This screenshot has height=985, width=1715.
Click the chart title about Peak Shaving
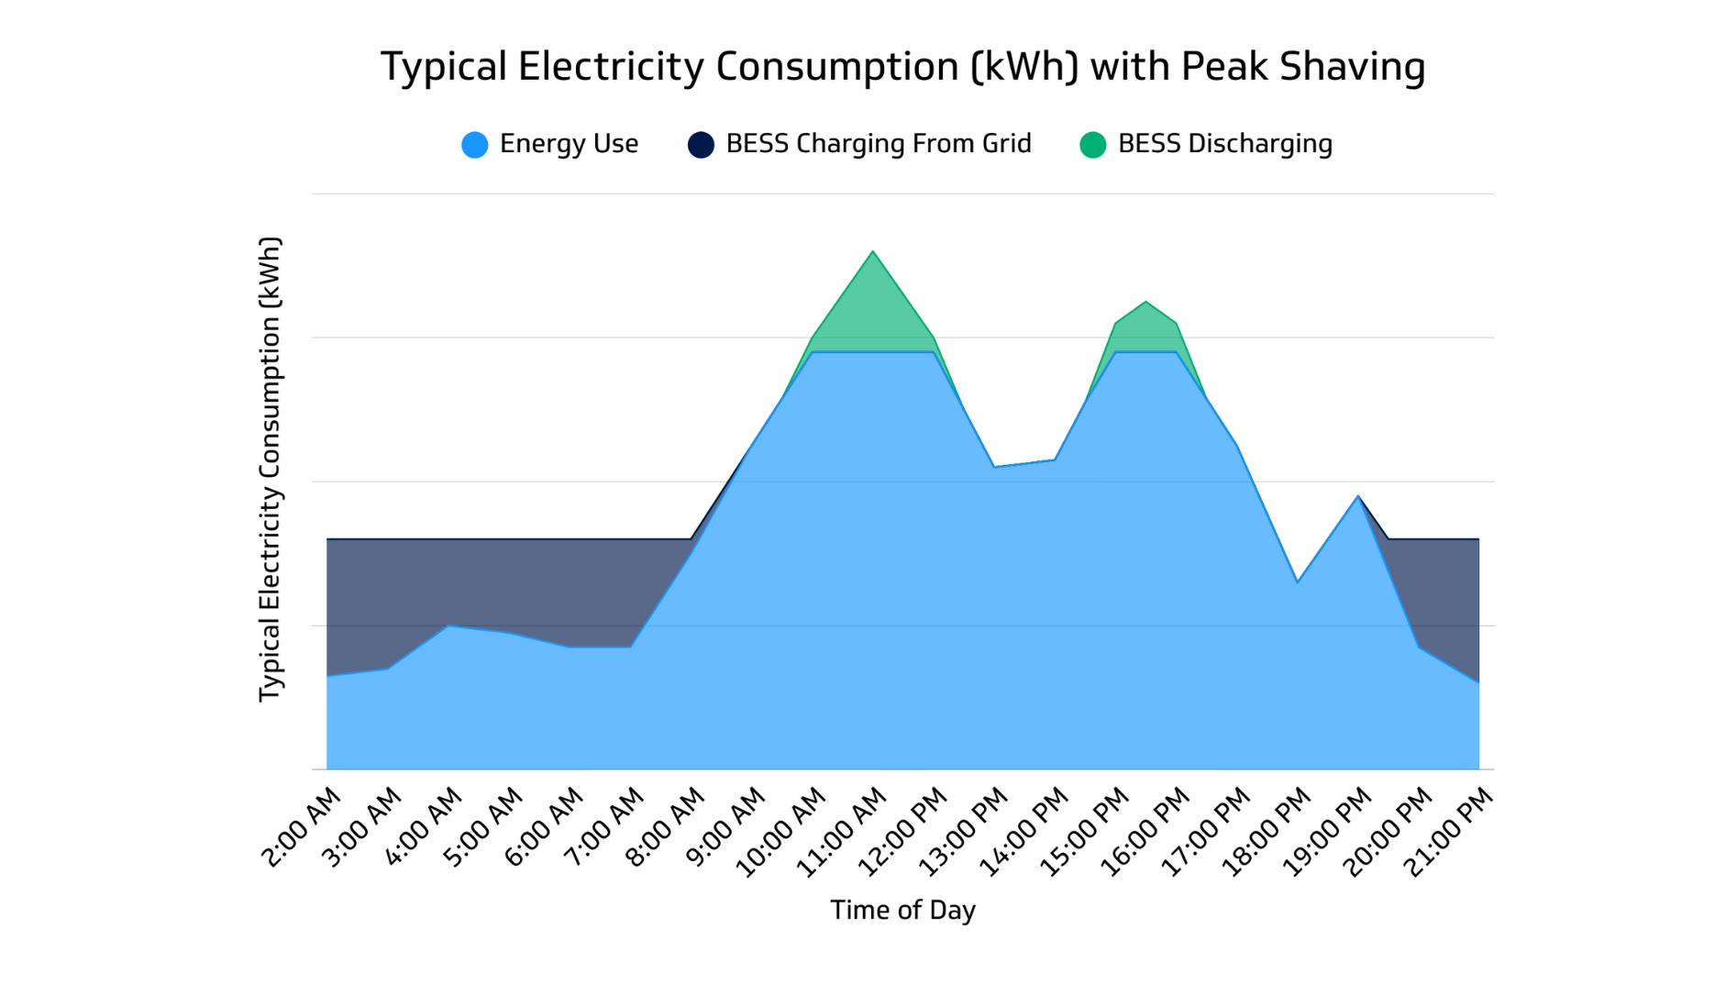click(902, 67)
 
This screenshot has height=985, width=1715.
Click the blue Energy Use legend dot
click(475, 145)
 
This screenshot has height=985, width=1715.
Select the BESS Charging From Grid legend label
click(878, 144)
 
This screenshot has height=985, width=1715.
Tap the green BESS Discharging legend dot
click(1092, 145)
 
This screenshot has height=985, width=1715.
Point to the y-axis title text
click(270, 470)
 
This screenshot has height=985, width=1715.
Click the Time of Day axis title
click(902, 910)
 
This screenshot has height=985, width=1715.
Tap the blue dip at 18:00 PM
click(1298, 581)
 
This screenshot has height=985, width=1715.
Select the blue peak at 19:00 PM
click(1358, 496)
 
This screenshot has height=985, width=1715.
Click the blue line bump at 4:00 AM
click(448, 625)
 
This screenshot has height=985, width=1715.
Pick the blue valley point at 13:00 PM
click(994, 467)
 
